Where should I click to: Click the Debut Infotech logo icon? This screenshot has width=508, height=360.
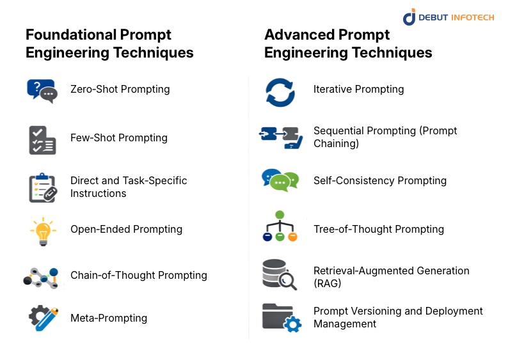tap(409, 17)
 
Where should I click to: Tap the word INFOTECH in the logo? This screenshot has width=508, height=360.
tap(472, 18)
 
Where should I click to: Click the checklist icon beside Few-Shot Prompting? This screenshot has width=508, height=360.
tap(42, 139)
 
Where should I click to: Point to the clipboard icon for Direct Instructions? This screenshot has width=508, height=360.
tap(42, 187)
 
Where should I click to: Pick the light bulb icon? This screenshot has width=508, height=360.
tap(42, 231)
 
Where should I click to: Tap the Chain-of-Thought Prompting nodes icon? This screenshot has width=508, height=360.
tap(41, 276)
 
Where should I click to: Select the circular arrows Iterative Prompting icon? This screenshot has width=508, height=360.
tap(280, 91)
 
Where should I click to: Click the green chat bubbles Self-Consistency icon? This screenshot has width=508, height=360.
tap(280, 180)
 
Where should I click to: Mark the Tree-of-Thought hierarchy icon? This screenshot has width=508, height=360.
tap(280, 226)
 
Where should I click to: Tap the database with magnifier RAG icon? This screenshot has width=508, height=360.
tap(279, 274)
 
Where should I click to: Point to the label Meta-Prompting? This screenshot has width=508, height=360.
tap(109, 318)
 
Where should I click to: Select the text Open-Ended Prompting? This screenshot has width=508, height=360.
tap(126, 230)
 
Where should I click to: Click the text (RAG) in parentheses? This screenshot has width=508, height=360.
tap(328, 284)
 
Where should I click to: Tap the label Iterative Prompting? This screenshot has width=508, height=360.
tap(358, 90)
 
